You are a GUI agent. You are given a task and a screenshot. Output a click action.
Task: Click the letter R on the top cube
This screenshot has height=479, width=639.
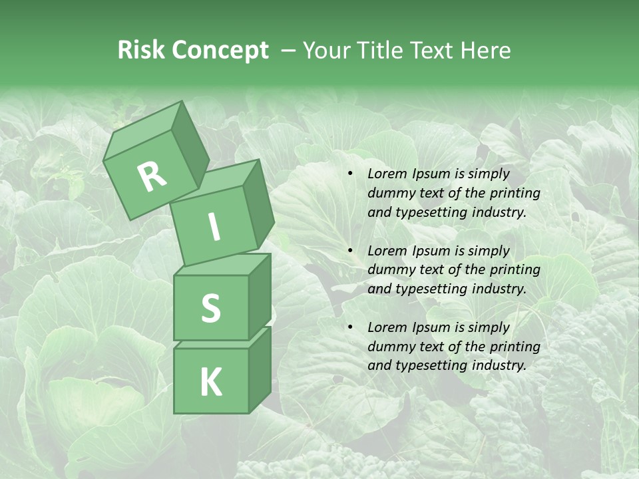coord(152,177)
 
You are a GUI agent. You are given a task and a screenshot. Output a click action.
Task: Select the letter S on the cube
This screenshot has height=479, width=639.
coord(210,308)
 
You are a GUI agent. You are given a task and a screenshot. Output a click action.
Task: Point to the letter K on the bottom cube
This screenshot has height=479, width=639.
coord(210,383)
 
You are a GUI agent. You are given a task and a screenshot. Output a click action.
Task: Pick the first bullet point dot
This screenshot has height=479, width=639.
coord(350,174)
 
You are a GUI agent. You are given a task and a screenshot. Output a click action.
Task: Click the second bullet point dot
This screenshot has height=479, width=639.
coord(350,251)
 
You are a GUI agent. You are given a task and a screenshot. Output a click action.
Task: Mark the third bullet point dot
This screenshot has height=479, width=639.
coord(350,327)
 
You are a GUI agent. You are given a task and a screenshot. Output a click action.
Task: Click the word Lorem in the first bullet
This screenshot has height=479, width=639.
coord(386,174)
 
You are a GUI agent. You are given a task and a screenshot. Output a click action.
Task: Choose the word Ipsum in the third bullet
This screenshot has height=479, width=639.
coord(432,327)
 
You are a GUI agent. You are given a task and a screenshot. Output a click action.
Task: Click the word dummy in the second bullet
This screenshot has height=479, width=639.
coord(390,269)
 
